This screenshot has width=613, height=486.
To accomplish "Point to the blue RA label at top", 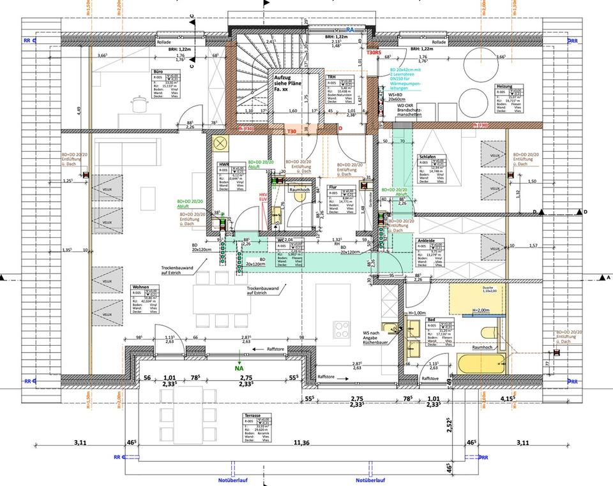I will click(x=350, y=30).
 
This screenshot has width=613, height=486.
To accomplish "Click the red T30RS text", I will click(x=374, y=54).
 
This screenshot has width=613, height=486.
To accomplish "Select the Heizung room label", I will click(x=504, y=86).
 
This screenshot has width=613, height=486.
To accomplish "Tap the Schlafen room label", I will click(x=428, y=156).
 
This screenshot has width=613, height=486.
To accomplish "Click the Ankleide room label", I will click(x=427, y=240).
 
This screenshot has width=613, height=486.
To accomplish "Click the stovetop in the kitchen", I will click(x=342, y=330).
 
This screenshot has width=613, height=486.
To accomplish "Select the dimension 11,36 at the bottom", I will click(x=301, y=442).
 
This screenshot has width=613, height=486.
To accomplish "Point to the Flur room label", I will click(x=333, y=188).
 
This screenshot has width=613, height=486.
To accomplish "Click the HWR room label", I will click(x=223, y=164).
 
